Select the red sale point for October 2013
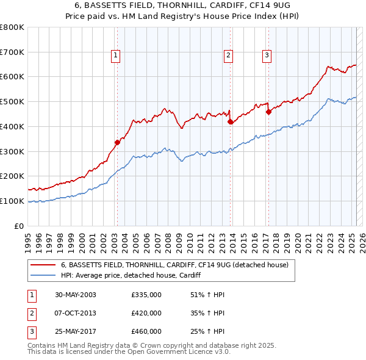point(229,122)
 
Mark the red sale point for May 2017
point(268,112)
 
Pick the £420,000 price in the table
point(146,313)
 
